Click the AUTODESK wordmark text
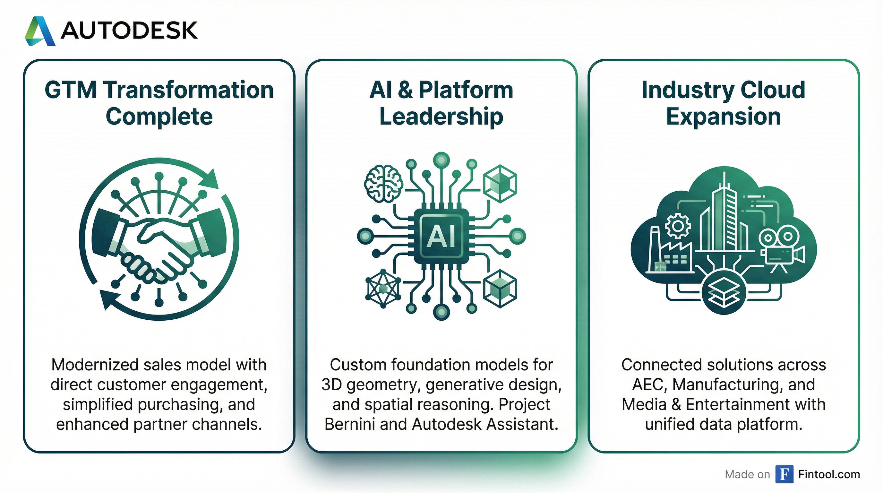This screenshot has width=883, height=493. (x=129, y=30)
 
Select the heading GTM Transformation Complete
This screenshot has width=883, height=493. (x=159, y=103)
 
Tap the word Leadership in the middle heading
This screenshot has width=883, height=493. (x=441, y=117)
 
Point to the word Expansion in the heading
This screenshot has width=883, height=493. (x=723, y=117)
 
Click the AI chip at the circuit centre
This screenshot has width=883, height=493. (x=441, y=236)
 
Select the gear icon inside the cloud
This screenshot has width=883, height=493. (x=678, y=225)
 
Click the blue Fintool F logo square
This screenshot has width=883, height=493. (x=784, y=474)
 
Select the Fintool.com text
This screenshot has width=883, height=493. (x=829, y=474)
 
